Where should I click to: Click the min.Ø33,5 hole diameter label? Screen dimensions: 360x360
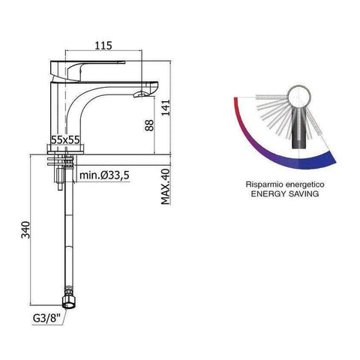[x=106, y=175]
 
